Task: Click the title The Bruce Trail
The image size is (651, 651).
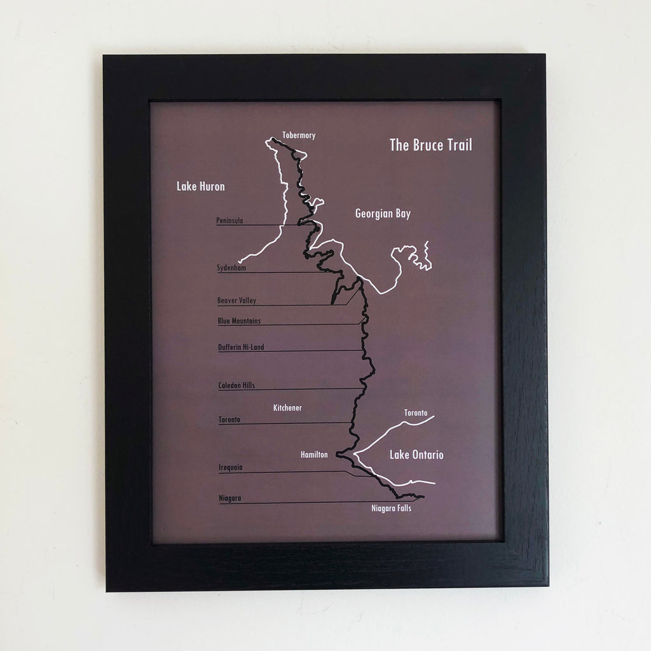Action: [430, 145]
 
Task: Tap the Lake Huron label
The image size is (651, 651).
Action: [201, 186]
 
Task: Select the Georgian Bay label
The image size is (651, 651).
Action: [383, 214]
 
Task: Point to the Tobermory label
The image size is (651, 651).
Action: [299, 135]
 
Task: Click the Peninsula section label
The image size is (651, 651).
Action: [230, 221]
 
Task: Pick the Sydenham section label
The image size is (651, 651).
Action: [231, 268]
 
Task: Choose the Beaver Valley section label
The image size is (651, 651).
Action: [236, 301]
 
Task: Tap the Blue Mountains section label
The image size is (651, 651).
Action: [239, 321]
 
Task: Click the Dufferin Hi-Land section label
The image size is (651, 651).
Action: [241, 347]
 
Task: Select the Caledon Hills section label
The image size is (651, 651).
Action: [236, 385]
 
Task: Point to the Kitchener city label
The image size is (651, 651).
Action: [287, 408]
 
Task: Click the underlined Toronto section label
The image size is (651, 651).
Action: [230, 420]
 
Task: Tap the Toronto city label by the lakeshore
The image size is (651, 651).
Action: [416, 413]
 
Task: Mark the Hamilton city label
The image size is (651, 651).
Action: [314, 455]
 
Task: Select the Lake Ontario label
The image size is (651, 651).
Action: [416, 455]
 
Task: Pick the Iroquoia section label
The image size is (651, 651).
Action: [230, 467]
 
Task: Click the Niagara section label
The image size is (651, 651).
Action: [229, 498]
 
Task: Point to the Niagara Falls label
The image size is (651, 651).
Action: [391, 508]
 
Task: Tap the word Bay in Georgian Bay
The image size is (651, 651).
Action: [403, 214]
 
